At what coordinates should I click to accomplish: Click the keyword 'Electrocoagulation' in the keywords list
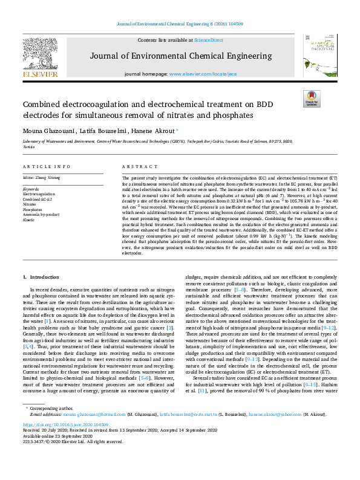point(40,193)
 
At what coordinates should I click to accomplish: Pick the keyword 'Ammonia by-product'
point(42,214)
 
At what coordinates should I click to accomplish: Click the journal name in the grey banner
point(180,57)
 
